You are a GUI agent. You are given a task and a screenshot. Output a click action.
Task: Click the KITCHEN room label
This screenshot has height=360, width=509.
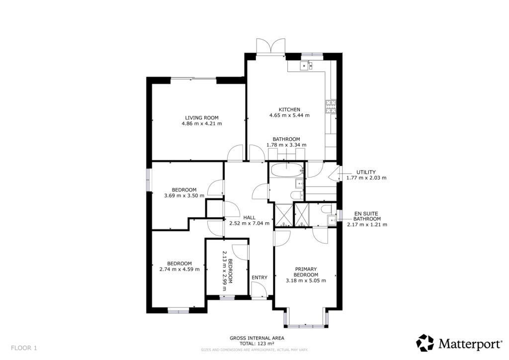pyautogui.click(x=289, y=109)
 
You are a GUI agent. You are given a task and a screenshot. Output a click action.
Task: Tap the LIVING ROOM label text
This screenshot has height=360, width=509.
pyautogui.click(x=202, y=118)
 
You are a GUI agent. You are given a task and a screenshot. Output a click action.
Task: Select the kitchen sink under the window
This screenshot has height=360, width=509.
pyautogui.click(x=305, y=65)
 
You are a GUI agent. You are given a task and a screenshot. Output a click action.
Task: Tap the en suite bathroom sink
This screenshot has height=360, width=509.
pyautogui.click(x=331, y=219)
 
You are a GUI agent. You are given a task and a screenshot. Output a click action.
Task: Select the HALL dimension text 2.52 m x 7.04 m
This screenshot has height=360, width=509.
pyautogui.click(x=250, y=224)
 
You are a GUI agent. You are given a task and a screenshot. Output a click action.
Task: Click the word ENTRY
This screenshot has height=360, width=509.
pyautogui.click(x=259, y=277)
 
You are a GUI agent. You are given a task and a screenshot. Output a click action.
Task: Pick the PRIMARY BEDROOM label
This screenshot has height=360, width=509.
pyautogui.click(x=306, y=272)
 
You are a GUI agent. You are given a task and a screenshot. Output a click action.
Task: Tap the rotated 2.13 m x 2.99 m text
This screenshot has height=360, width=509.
pyautogui.click(x=227, y=267)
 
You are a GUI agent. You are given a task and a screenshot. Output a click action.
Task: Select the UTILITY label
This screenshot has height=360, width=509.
pyautogui.click(x=366, y=172)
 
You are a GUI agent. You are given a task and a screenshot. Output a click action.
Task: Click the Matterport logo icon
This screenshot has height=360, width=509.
pyautogui.click(x=425, y=343)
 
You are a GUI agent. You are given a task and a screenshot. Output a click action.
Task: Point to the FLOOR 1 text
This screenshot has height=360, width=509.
pyautogui.click(x=23, y=348)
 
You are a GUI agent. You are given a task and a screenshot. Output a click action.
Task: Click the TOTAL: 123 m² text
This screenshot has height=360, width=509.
pyautogui.click(x=256, y=343)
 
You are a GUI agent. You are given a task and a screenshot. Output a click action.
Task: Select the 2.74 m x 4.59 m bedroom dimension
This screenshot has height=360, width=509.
pyautogui.click(x=179, y=270)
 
